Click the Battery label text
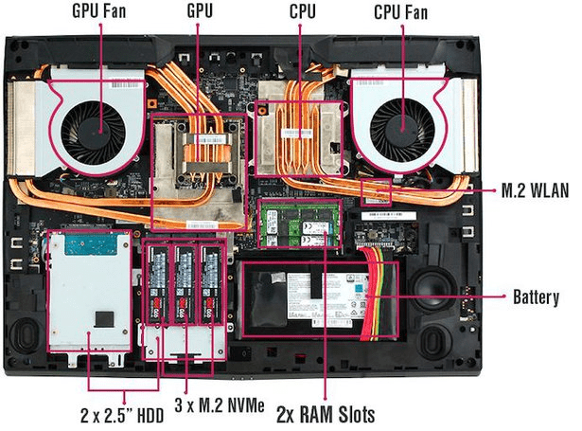point(536,296)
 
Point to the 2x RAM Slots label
point(326,414)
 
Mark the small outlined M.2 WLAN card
point(378,192)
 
